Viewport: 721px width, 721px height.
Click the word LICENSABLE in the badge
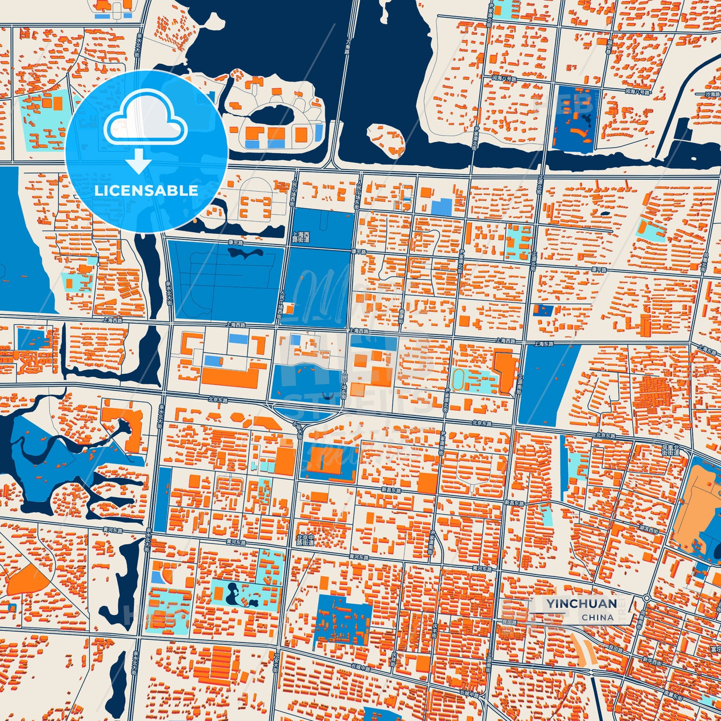[146, 191]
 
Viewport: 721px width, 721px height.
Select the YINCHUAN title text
[581, 604]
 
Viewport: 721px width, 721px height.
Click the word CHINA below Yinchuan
[597, 617]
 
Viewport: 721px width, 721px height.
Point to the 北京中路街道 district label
[305, 540]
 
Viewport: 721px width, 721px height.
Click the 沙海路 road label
[712, 94]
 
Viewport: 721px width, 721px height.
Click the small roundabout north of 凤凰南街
[647, 598]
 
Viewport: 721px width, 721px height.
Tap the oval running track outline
[462, 381]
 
